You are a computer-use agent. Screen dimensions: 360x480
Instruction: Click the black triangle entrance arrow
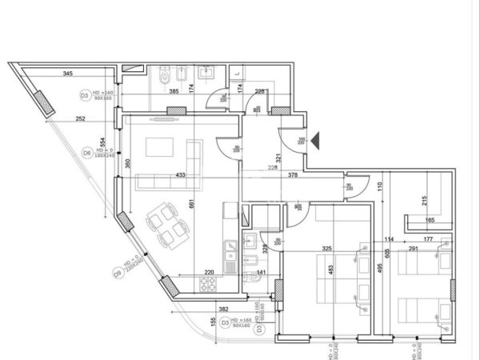tap(316, 141)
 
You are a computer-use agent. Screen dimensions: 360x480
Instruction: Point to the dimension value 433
tap(180, 174)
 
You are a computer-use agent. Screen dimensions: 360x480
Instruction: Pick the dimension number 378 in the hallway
tap(293, 174)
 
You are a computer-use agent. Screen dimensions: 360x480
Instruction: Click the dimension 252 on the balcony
tap(80, 118)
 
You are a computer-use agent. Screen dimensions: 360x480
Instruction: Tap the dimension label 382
tap(224, 309)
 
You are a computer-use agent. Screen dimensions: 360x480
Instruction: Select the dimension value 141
tap(261, 272)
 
